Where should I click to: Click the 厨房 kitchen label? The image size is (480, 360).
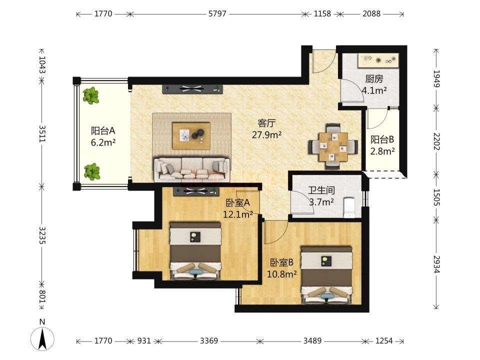click(x=374, y=79)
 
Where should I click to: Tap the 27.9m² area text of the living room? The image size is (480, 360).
click(x=266, y=134)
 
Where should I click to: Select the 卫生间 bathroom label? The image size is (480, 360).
click(x=321, y=190)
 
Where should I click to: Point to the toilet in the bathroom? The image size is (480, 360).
click(x=349, y=207)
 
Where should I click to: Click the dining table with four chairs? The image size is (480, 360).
click(x=333, y=146)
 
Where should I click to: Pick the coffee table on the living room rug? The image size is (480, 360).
click(x=191, y=136)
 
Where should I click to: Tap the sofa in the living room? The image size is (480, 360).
click(x=192, y=169)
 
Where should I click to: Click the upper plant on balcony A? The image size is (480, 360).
click(x=90, y=95)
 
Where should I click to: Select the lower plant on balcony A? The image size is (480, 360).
click(x=92, y=171)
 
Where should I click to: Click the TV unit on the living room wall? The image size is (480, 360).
click(x=192, y=89)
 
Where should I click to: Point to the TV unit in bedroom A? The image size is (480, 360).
click(x=196, y=191)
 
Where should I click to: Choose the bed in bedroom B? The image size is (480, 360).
click(x=326, y=275)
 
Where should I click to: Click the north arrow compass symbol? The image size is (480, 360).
click(x=42, y=339)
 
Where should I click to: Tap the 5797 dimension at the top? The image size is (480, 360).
click(x=217, y=14)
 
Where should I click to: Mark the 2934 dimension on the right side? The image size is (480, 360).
click(x=436, y=264)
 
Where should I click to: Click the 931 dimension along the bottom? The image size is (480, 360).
click(x=144, y=340)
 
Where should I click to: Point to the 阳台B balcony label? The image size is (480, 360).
click(x=382, y=139)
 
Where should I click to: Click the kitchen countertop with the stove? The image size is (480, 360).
click(x=378, y=60)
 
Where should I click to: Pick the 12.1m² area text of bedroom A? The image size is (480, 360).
click(x=238, y=214)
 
